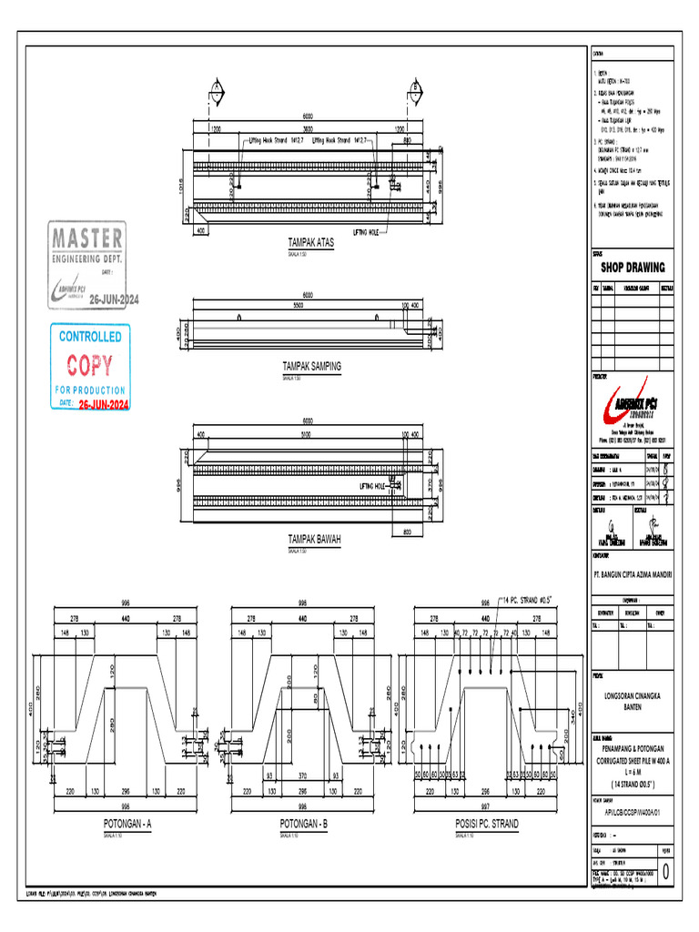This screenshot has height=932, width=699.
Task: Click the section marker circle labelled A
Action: click(217, 87)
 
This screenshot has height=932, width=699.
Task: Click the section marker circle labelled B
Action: click(415, 87)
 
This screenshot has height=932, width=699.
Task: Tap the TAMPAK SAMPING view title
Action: click(312, 366)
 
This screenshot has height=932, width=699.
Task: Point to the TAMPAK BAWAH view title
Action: click(314, 539)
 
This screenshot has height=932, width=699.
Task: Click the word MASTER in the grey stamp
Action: click(86, 238)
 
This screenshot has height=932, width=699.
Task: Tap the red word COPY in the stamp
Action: click(90, 366)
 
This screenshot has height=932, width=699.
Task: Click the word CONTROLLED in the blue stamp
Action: click(90, 337)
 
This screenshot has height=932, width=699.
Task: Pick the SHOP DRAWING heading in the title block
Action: click(633, 268)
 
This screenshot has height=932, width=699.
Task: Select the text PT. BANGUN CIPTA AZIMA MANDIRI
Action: click(633, 574)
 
